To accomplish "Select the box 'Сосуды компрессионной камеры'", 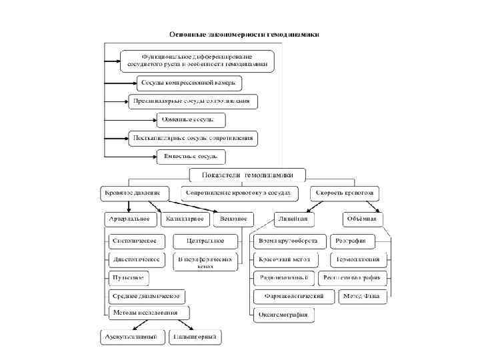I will (x=189, y=83).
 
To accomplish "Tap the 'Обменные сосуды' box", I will (x=191, y=120).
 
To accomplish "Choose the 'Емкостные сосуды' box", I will (x=191, y=157).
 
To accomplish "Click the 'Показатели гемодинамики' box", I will (x=247, y=175).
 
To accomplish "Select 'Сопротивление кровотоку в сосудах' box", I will (x=239, y=193).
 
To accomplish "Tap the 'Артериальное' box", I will (x=132, y=219).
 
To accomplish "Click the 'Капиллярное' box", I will (x=185, y=219).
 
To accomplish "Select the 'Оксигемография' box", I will (x=284, y=315).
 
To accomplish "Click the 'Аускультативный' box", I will (x=133, y=337).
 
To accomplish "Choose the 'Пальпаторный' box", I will (x=195, y=337).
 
